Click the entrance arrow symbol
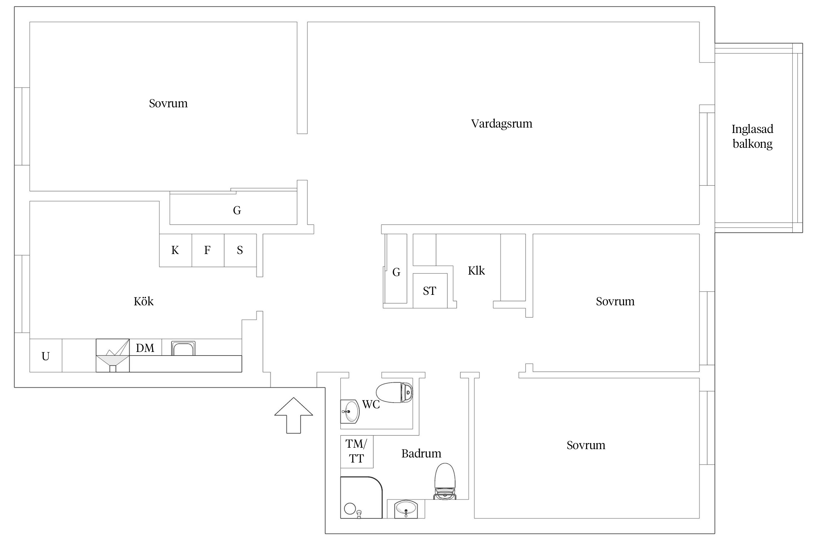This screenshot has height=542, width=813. click(x=293, y=415)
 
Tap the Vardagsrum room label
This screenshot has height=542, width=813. click(x=502, y=124)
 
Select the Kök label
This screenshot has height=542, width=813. click(x=143, y=301)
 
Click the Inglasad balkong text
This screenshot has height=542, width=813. click(x=752, y=136)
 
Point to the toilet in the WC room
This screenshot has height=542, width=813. click(x=394, y=392)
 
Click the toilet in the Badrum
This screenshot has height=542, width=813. click(x=444, y=481)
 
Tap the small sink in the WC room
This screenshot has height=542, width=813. click(x=350, y=411)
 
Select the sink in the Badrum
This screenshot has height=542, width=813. click(x=406, y=509)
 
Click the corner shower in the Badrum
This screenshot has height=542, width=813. click(x=361, y=498)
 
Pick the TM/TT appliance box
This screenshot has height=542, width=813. click(x=357, y=452)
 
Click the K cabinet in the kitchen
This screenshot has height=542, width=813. click(x=176, y=250)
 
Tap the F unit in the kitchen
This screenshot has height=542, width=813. click(x=208, y=250)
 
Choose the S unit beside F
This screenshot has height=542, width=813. click(x=240, y=250)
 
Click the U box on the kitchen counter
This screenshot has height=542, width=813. click(x=46, y=356)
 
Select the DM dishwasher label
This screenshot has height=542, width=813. click(x=145, y=348)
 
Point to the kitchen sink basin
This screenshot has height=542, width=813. click(x=183, y=348)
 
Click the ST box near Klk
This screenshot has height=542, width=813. click(x=430, y=291)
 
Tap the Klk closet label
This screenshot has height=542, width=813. click(x=476, y=271)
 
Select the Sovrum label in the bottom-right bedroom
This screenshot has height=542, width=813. click(x=586, y=445)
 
